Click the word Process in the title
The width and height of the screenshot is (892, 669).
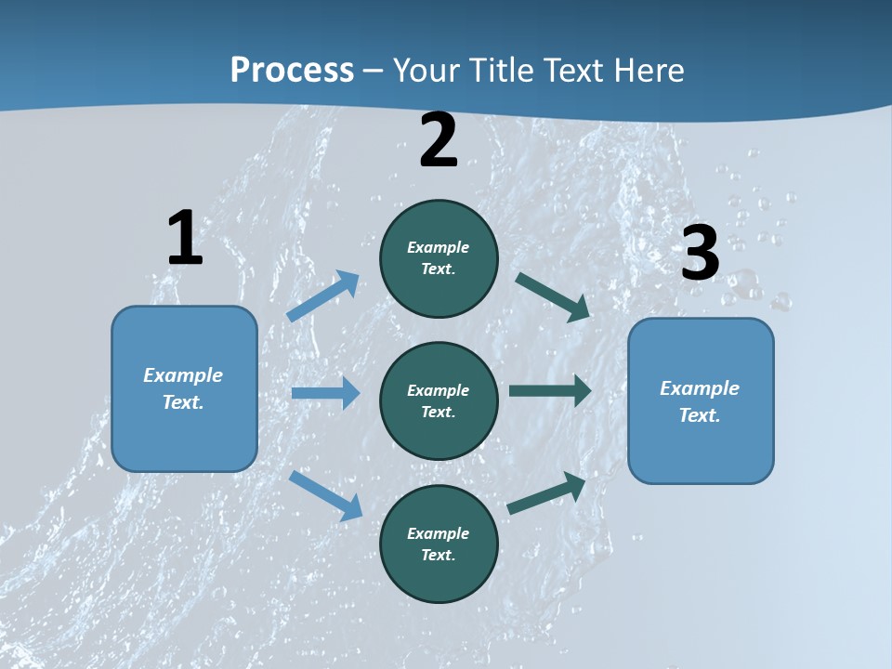pyautogui.click(x=292, y=70)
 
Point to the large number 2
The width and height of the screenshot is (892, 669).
pyautogui.click(x=439, y=141)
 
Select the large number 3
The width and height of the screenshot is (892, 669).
pyautogui.click(x=700, y=254)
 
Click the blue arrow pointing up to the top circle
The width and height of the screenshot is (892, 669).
pyautogui.click(x=322, y=296)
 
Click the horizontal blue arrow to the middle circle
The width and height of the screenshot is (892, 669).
pyautogui.click(x=325, y=393)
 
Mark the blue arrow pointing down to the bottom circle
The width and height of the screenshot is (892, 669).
pyautogui.click(x=325, y=495)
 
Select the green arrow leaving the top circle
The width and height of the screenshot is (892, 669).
pyautogui.click(x=553, y=296)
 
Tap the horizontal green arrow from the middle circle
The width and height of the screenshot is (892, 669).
pyautogui.click(x=550, y=391)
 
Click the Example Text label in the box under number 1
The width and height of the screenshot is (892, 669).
pyautogui.click(x=183, y=388)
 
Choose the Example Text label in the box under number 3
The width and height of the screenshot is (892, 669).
pyautogui.click(x=700, y=401)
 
